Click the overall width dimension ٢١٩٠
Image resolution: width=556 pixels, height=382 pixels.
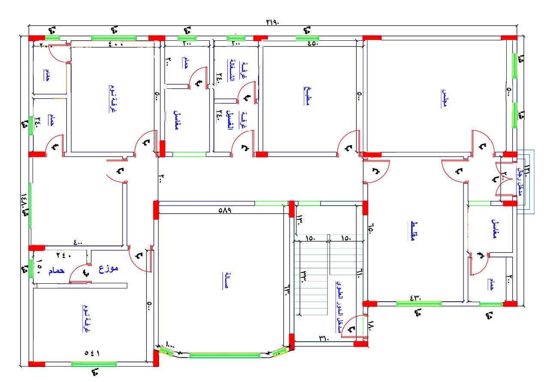(x=272, y=23)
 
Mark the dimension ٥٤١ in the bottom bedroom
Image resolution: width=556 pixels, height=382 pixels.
(x=92, y=353)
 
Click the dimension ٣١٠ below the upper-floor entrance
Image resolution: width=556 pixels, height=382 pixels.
(x=323, y=338)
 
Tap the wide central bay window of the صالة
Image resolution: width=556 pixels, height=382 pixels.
(x=225, y=355)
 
